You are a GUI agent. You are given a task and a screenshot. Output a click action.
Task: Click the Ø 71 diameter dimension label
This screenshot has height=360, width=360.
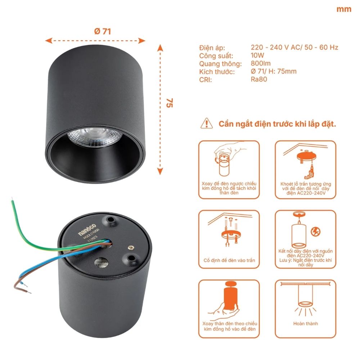(102, 31)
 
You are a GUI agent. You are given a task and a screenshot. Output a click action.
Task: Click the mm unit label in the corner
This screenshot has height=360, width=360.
(343, 9)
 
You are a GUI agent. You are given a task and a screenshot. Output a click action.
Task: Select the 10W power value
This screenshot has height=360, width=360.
(257, 55)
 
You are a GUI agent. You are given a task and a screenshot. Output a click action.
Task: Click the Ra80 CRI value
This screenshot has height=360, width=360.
(259, 79)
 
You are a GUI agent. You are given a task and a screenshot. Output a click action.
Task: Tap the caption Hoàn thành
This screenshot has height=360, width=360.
(306, 323)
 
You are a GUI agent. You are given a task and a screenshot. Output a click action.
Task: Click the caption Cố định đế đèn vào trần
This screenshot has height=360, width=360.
(229, 260)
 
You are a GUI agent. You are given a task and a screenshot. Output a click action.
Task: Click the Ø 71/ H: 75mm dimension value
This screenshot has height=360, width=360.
(273, 71)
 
